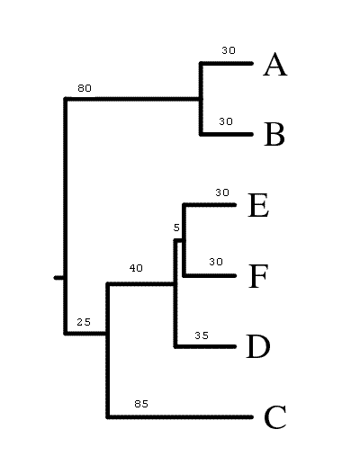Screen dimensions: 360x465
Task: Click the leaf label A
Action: (275, 65)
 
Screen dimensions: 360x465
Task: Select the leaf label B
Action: (274, 134)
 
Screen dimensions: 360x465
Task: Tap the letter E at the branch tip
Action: (258, 205)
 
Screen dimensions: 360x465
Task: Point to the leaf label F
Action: (258, 276)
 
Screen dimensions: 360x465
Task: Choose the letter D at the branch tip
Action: (257, 346)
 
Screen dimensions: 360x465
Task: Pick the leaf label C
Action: (275, 417)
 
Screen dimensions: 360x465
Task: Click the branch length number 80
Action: (85, 88)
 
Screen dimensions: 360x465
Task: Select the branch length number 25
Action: (84, 322)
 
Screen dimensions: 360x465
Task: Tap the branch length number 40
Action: (136, 268)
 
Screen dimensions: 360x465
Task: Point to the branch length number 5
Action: (176, 228)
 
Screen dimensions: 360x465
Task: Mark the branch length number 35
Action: (202, 335)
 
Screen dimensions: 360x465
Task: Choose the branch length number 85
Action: (141, 404)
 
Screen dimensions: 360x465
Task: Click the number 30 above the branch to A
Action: (229, 50)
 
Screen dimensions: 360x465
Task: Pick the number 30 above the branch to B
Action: (226, 121)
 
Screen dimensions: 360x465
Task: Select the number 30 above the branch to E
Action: (222, 192)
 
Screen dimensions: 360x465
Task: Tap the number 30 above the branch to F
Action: (216, 262)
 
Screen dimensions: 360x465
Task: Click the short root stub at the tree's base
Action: (58, 278)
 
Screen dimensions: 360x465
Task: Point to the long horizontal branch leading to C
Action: (180, 416)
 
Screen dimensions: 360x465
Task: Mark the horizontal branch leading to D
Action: (205, 346)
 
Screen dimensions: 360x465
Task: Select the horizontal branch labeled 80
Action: (133, 99)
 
